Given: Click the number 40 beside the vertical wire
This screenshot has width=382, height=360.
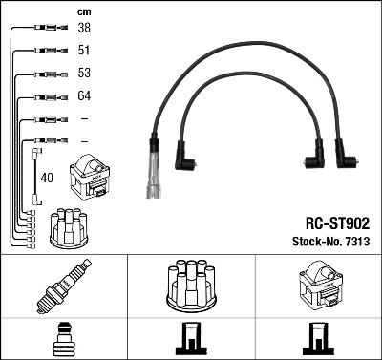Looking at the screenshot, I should point(47,177).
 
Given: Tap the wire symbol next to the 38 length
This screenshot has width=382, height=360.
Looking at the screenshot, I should point(44,29).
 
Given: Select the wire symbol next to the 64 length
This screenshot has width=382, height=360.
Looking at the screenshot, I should point(44,96).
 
